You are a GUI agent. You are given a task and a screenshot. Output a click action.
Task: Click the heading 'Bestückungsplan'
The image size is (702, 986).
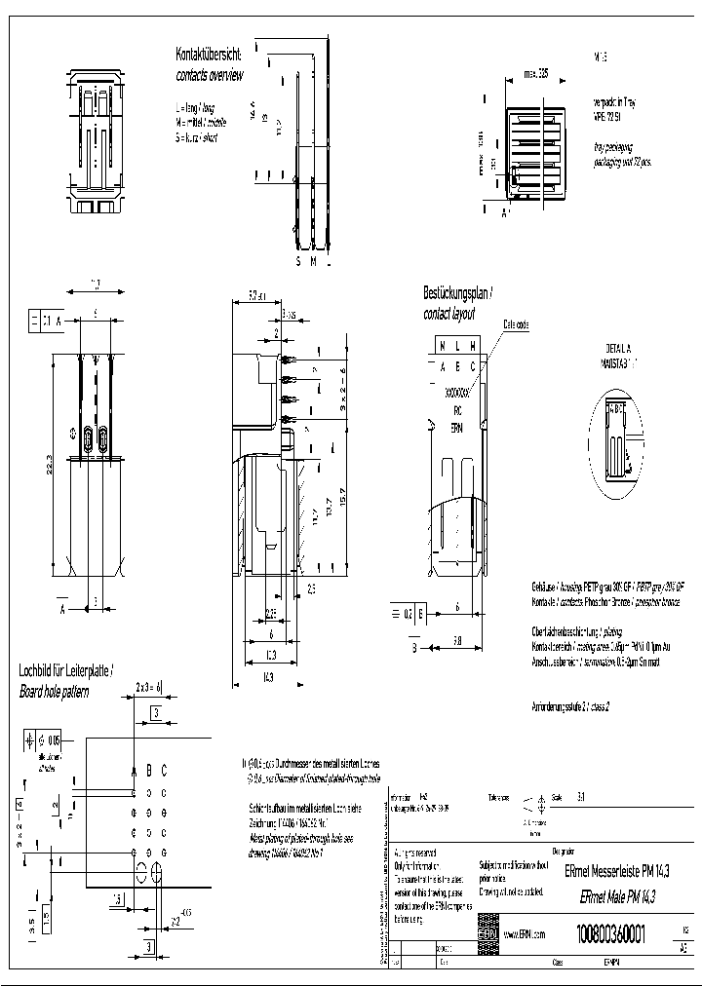coord(457,292)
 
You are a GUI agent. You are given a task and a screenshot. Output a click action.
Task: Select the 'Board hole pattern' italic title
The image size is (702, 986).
coord(55,691)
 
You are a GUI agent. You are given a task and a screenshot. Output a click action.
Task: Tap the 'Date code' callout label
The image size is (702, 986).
coord(515,323)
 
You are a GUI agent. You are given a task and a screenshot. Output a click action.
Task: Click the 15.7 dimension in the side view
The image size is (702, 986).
coord(342,502)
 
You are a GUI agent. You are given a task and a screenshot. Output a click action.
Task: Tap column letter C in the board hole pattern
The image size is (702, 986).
coord(164,770)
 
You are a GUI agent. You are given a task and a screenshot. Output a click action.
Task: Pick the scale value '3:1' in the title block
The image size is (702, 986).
coord(582,797)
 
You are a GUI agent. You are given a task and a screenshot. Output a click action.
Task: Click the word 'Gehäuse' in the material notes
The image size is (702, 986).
coord(545,589)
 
